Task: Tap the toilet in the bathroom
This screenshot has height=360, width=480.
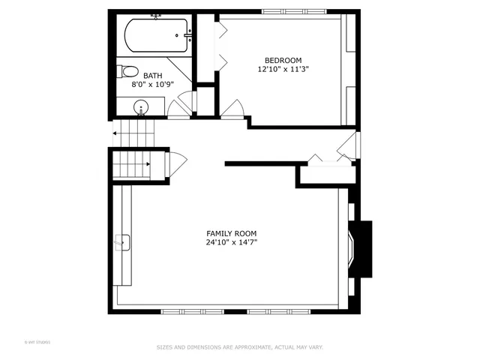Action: tap(128, 72)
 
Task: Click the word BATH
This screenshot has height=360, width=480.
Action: tap(152, 76)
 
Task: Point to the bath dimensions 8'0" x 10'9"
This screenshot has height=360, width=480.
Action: tap(152, 85)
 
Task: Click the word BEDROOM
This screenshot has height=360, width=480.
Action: tap(283, 60)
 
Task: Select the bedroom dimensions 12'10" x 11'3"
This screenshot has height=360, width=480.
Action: tap(283, 69)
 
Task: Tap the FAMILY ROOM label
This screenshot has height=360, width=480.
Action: tap(232, 233)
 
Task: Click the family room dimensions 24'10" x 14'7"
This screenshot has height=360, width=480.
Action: tap(232, 242)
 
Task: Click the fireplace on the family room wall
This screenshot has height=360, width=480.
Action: tap(359, 247)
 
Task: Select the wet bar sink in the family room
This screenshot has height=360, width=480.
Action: tap(122, 242)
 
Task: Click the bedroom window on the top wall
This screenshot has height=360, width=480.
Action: tap(294, 11)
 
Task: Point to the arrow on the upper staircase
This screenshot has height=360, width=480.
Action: tap(117, 133)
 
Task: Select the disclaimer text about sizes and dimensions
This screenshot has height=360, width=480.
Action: tap(239, 347)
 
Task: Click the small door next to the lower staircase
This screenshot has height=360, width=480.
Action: tap(178, 163)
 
